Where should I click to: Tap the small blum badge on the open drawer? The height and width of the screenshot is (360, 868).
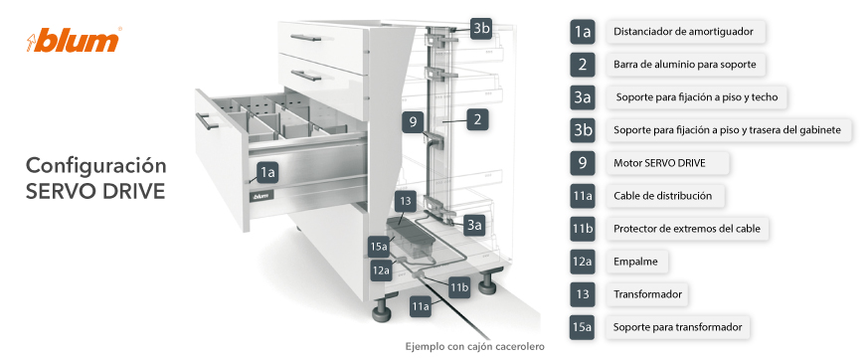260,196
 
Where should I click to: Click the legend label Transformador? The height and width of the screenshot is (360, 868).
647,294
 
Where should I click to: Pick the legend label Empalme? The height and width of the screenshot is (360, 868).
635,262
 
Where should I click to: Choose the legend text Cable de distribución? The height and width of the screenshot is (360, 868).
662,196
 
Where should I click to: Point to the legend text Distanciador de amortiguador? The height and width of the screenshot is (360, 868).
683,32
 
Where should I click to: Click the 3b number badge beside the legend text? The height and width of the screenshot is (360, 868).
583,130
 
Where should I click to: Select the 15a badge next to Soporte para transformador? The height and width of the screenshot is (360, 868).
583,327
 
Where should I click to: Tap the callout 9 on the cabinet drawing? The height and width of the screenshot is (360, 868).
413,121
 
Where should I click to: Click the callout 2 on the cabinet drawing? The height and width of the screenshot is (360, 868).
477,120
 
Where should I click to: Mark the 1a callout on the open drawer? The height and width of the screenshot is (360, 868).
267,173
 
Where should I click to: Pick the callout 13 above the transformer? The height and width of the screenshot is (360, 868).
406,202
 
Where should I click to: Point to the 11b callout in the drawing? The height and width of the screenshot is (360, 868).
459,287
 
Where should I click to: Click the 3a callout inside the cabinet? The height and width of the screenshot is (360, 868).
474,226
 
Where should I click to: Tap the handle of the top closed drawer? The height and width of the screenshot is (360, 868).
306,38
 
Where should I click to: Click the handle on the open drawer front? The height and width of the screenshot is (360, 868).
206,121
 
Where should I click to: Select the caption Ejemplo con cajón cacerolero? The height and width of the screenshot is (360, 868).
475,347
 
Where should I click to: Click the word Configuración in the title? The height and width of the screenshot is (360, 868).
96,166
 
